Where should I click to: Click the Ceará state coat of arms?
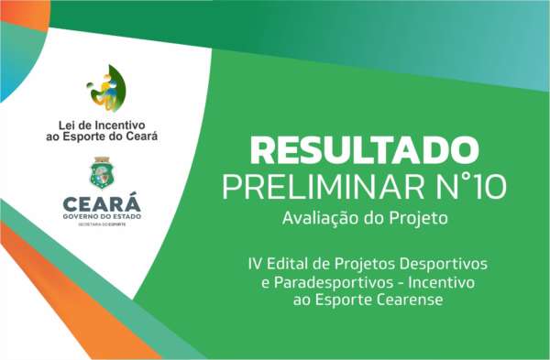102,173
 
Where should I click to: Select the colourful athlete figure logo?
104,89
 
